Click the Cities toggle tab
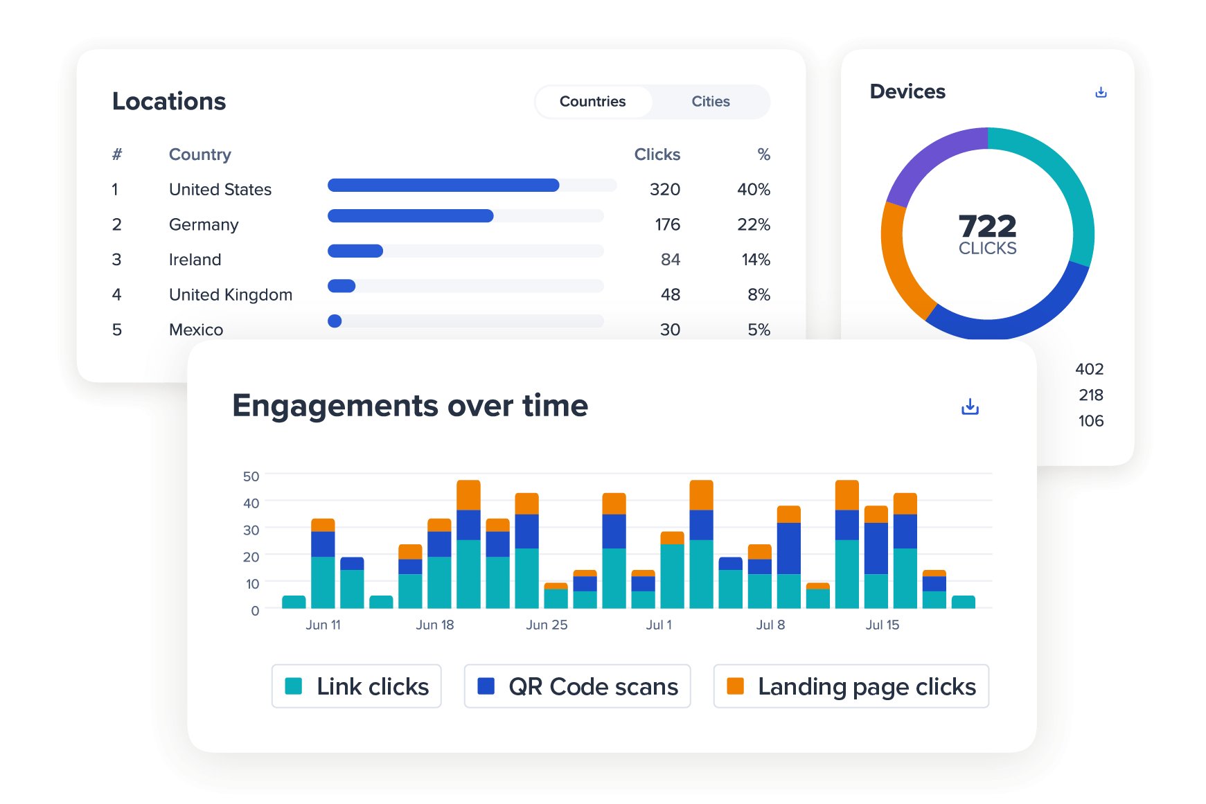click(x=710, y=102)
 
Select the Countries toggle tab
click(x=592, y=102)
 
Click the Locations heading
click(x=169, y=101)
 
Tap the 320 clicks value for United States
click(x=664, y=189)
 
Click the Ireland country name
click(x=195, y=260)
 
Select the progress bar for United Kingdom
click(x=465, y=286)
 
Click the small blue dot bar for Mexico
click(x=335, y=321)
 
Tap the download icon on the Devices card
click(x=1101, y=92)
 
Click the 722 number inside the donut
click(x=987, y=226)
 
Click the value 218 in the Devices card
click(x=1090, y=395)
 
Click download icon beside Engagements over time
click(x=970, y=407)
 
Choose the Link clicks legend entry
click(x=357, y=686)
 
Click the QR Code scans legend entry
click(x=577, y=686)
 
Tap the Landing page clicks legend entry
click(x=851, y=686)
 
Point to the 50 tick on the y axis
click(x=251, y=476)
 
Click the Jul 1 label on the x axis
click(x=658, y=625)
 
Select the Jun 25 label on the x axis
click(x=547, y=625)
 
